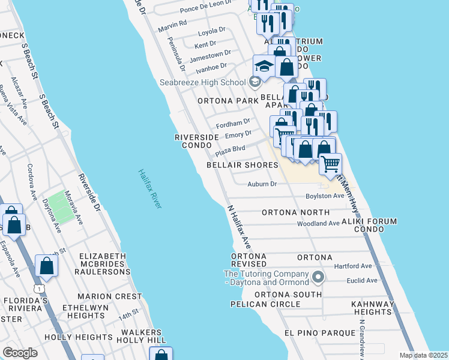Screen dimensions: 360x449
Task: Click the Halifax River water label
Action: pyautogui.click(x=149, y=188)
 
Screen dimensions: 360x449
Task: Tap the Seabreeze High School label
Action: pyautogui.click(x=202, y=82)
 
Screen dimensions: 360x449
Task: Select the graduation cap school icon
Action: pyautogui.click(x=264, y=67)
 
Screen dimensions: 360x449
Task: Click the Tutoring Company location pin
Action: pyautogui.click(x=319, y=277)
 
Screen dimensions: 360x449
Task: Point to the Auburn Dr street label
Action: pyautogui.click(x=262, y=184)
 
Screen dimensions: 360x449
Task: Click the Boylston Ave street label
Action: pyautogui.click(x=325, y=196)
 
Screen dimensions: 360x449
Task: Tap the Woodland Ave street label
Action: pyautogui.click(x=318, y=224)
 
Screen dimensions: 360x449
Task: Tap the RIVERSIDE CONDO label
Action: pyautogui.click(x=197, y=141)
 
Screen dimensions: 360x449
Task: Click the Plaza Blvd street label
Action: pyautogui.click(x=231, y=148)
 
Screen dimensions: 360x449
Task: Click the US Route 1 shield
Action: pyautogui.click(x=39, y=289)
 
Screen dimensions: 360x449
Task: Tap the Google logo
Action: pyautogui.click(x=20, y=353)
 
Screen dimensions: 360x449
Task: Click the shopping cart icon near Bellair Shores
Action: pyautogui.click(x=330, y=163)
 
